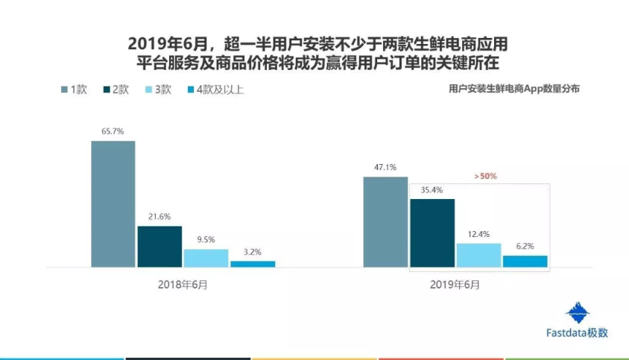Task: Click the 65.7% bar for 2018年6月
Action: click(x=113, y=203)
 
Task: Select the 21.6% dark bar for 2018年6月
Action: click(x=159, y=246)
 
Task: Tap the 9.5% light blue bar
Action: click(x=206, y=258)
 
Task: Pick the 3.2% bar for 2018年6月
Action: click(x=253, y=264)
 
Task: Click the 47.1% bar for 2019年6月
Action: click(x=385, y=221)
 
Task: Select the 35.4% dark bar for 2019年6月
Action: click(x=432, y=233)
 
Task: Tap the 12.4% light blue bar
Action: click(x=478, y=255)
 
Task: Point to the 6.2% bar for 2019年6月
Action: click(x=525, y=261)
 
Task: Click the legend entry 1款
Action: click(x=75, y=89)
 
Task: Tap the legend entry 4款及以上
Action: click(x=215, y=89)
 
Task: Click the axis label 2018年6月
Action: click(x=183, y=285)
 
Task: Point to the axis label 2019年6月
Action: click(x=455, y=285)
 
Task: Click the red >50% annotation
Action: click(x=484, y=177)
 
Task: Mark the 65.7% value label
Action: click(x=113, y=132)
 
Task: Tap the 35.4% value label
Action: click(x=432, y=190)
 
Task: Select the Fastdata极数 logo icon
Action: click(x=577, y=313)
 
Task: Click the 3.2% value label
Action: click(x=253, y=252)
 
